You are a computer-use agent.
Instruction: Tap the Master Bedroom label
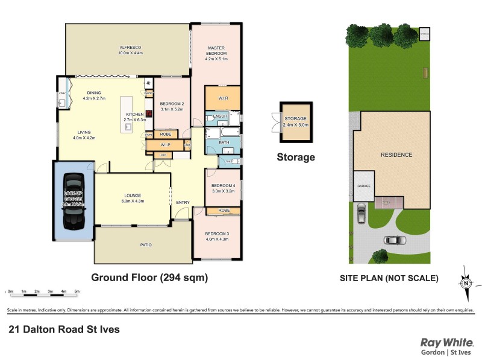[x=216, y=51]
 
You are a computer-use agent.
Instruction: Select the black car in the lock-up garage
[x=74, y=202]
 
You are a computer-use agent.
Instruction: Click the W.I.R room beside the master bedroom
[x=222, y=98]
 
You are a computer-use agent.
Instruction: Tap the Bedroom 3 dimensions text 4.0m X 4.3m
[x=216, y=240]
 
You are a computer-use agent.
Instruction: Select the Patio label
[x=146, y=245]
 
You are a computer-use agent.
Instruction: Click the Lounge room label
[x=133, y=195]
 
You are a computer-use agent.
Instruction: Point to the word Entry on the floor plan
[x=183, y=202]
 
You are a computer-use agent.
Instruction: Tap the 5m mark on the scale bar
[x=77, y=291]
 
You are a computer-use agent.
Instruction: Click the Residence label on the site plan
[x=396, y=155]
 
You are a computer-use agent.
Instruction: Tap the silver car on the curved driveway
[x=395, y=240]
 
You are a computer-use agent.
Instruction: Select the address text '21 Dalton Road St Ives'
[x=64, y=329]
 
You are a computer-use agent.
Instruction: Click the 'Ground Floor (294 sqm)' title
[x=149, y=278]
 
